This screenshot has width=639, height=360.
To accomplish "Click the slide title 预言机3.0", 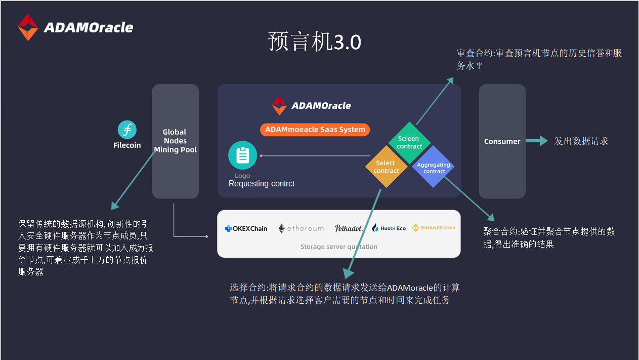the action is [315, 42].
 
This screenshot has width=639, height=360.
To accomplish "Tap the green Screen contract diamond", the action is [409, 142].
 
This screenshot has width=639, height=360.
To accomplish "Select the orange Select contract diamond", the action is [386, 167].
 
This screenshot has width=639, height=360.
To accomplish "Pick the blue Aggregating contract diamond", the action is [433, 167].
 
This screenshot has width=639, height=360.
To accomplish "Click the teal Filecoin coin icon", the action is [127, 130].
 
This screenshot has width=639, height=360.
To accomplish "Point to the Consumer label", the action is [502, 141].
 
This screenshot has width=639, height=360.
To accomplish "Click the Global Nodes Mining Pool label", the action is [175, 141].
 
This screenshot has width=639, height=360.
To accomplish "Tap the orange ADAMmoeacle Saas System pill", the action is [315, 130].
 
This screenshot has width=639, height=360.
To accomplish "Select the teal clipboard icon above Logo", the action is [242, 155].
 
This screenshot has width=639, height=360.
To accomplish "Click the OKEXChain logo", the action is [246, 228].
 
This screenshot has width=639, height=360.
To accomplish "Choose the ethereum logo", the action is [301, 228].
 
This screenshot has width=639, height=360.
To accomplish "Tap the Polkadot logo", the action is [349, 228].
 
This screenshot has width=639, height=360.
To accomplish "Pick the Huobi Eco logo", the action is [389, 228].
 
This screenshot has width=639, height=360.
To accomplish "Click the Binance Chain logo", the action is [433, 228].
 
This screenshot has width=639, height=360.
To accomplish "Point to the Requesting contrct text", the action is [261, 184].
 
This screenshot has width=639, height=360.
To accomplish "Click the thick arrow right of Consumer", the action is [537, 141].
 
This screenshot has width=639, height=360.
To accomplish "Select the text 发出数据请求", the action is [581, 141].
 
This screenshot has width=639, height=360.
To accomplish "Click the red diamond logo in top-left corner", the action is [28, 27].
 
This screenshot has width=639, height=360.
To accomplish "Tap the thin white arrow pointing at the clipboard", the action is [315, 156].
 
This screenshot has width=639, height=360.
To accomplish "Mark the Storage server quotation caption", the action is [339, 247].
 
